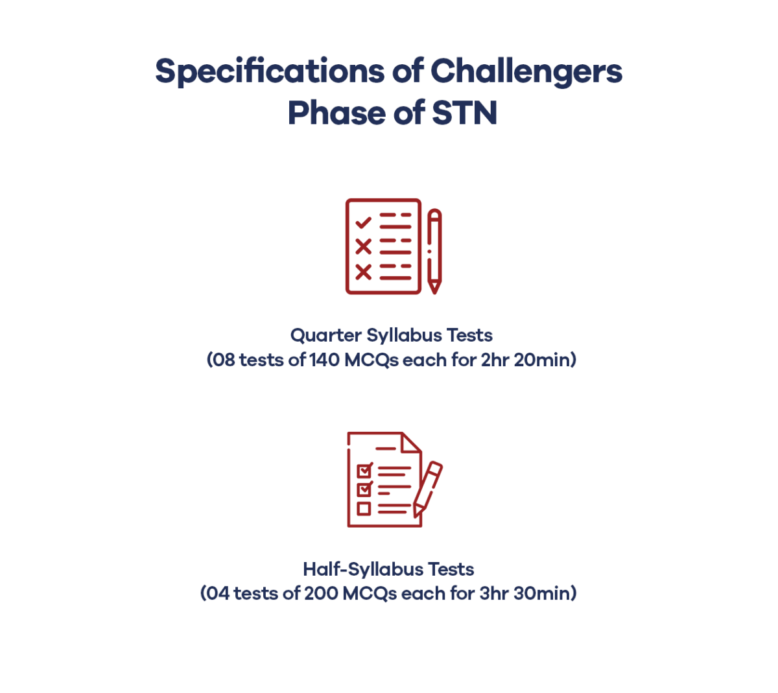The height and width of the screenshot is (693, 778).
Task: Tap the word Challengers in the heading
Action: (526, 71)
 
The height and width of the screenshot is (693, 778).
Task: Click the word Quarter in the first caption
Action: (325, 335)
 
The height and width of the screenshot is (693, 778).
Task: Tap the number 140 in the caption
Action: (324, 360)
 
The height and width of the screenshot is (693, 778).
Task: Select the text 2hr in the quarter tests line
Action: (495, 360)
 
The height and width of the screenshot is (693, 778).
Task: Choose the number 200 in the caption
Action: (321, 593)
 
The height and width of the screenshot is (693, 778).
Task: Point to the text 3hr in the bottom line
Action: (494, 593)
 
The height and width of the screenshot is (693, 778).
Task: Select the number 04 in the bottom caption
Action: (218, 593)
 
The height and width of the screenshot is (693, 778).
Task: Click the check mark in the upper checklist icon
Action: (363, 222)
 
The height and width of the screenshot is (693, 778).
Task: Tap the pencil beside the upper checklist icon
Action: (434, 250)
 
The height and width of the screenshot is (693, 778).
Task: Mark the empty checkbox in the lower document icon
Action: (364, 509)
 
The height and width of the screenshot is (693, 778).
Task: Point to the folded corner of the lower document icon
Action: (411, 443)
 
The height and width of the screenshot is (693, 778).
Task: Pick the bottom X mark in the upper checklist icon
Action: (363, 272)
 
